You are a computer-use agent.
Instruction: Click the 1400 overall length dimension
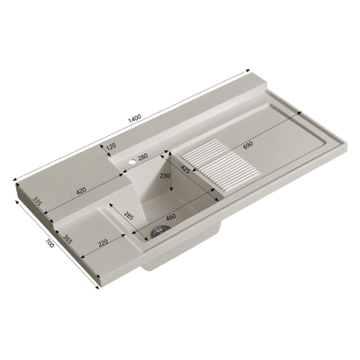pos(135,119)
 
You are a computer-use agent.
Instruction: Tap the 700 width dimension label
pos(49,243)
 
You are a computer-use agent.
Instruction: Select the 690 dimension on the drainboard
pos(248,145)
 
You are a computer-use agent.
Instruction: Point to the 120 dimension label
pos(111,147)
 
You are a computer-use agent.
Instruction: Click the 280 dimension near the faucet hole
pos(143,157)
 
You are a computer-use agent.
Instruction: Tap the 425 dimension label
pos(185,169)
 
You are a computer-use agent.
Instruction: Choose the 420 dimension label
pos(81,191)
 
